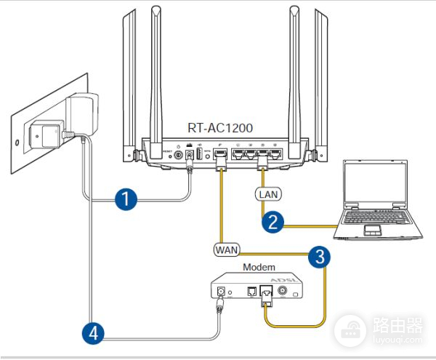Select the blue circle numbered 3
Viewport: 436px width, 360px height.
(317, 255)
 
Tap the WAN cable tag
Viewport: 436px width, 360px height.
(227, 249)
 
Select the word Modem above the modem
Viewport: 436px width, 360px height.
(259, 267)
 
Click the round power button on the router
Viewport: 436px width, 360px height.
(178, 154)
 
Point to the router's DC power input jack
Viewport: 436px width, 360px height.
(190, 154)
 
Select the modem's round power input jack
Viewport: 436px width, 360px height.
(218, 294)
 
